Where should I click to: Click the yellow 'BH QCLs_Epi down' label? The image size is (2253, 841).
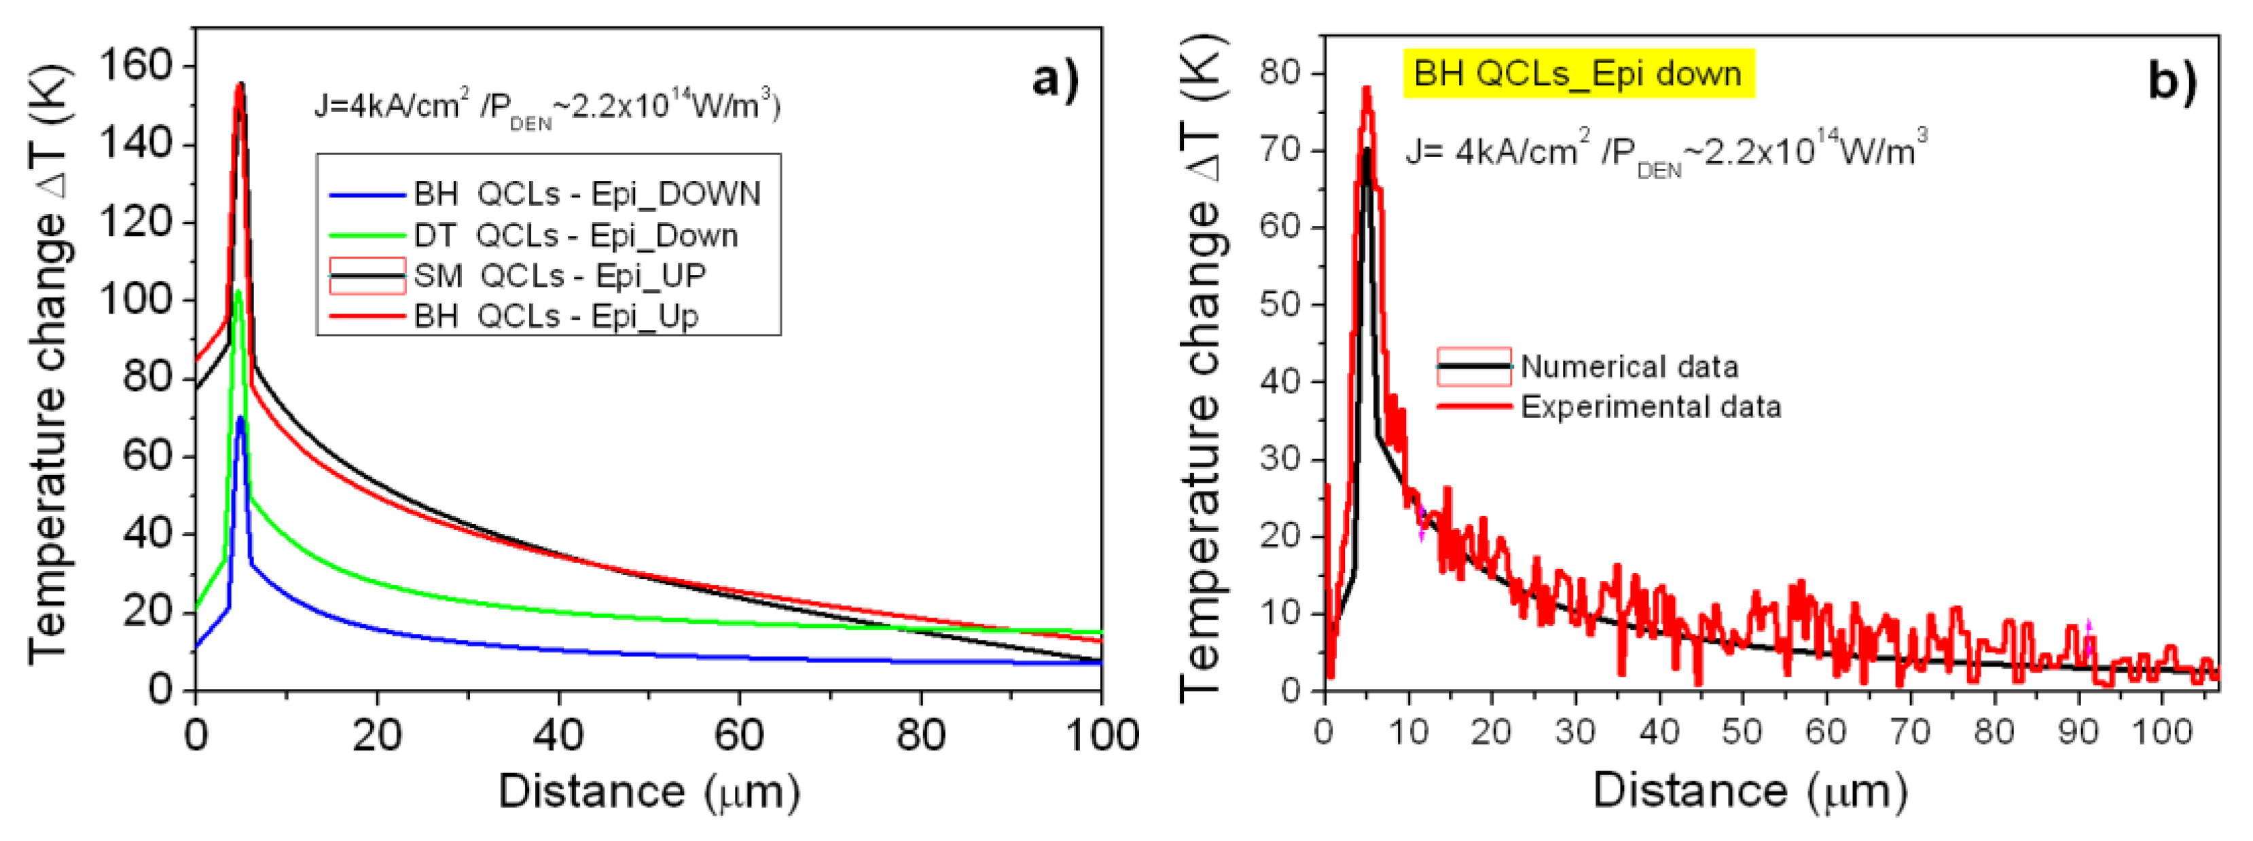pyautogui.click(x=1578, y=73)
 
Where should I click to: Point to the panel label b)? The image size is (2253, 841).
pyautogui.click(x=2171, y=82)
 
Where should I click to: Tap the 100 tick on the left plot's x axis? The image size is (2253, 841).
pyautogui.click(x=1101, y=735)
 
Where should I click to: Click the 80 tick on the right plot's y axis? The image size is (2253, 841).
pyautogui.click(x=1280, y=73)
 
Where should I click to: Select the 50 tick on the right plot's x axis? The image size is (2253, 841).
pyautogui.click(x=1742, y=731)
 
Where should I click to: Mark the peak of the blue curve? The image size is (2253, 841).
pyautogui.click(x=240, y=418)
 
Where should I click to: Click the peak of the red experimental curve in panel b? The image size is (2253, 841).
pyautogui.click(x=1366, y=88)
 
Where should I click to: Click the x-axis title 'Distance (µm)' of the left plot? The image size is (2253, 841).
pyautogui.click(x=649, y=792)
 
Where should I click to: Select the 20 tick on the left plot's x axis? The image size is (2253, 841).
pyautogui.click(x=377, y=735)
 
